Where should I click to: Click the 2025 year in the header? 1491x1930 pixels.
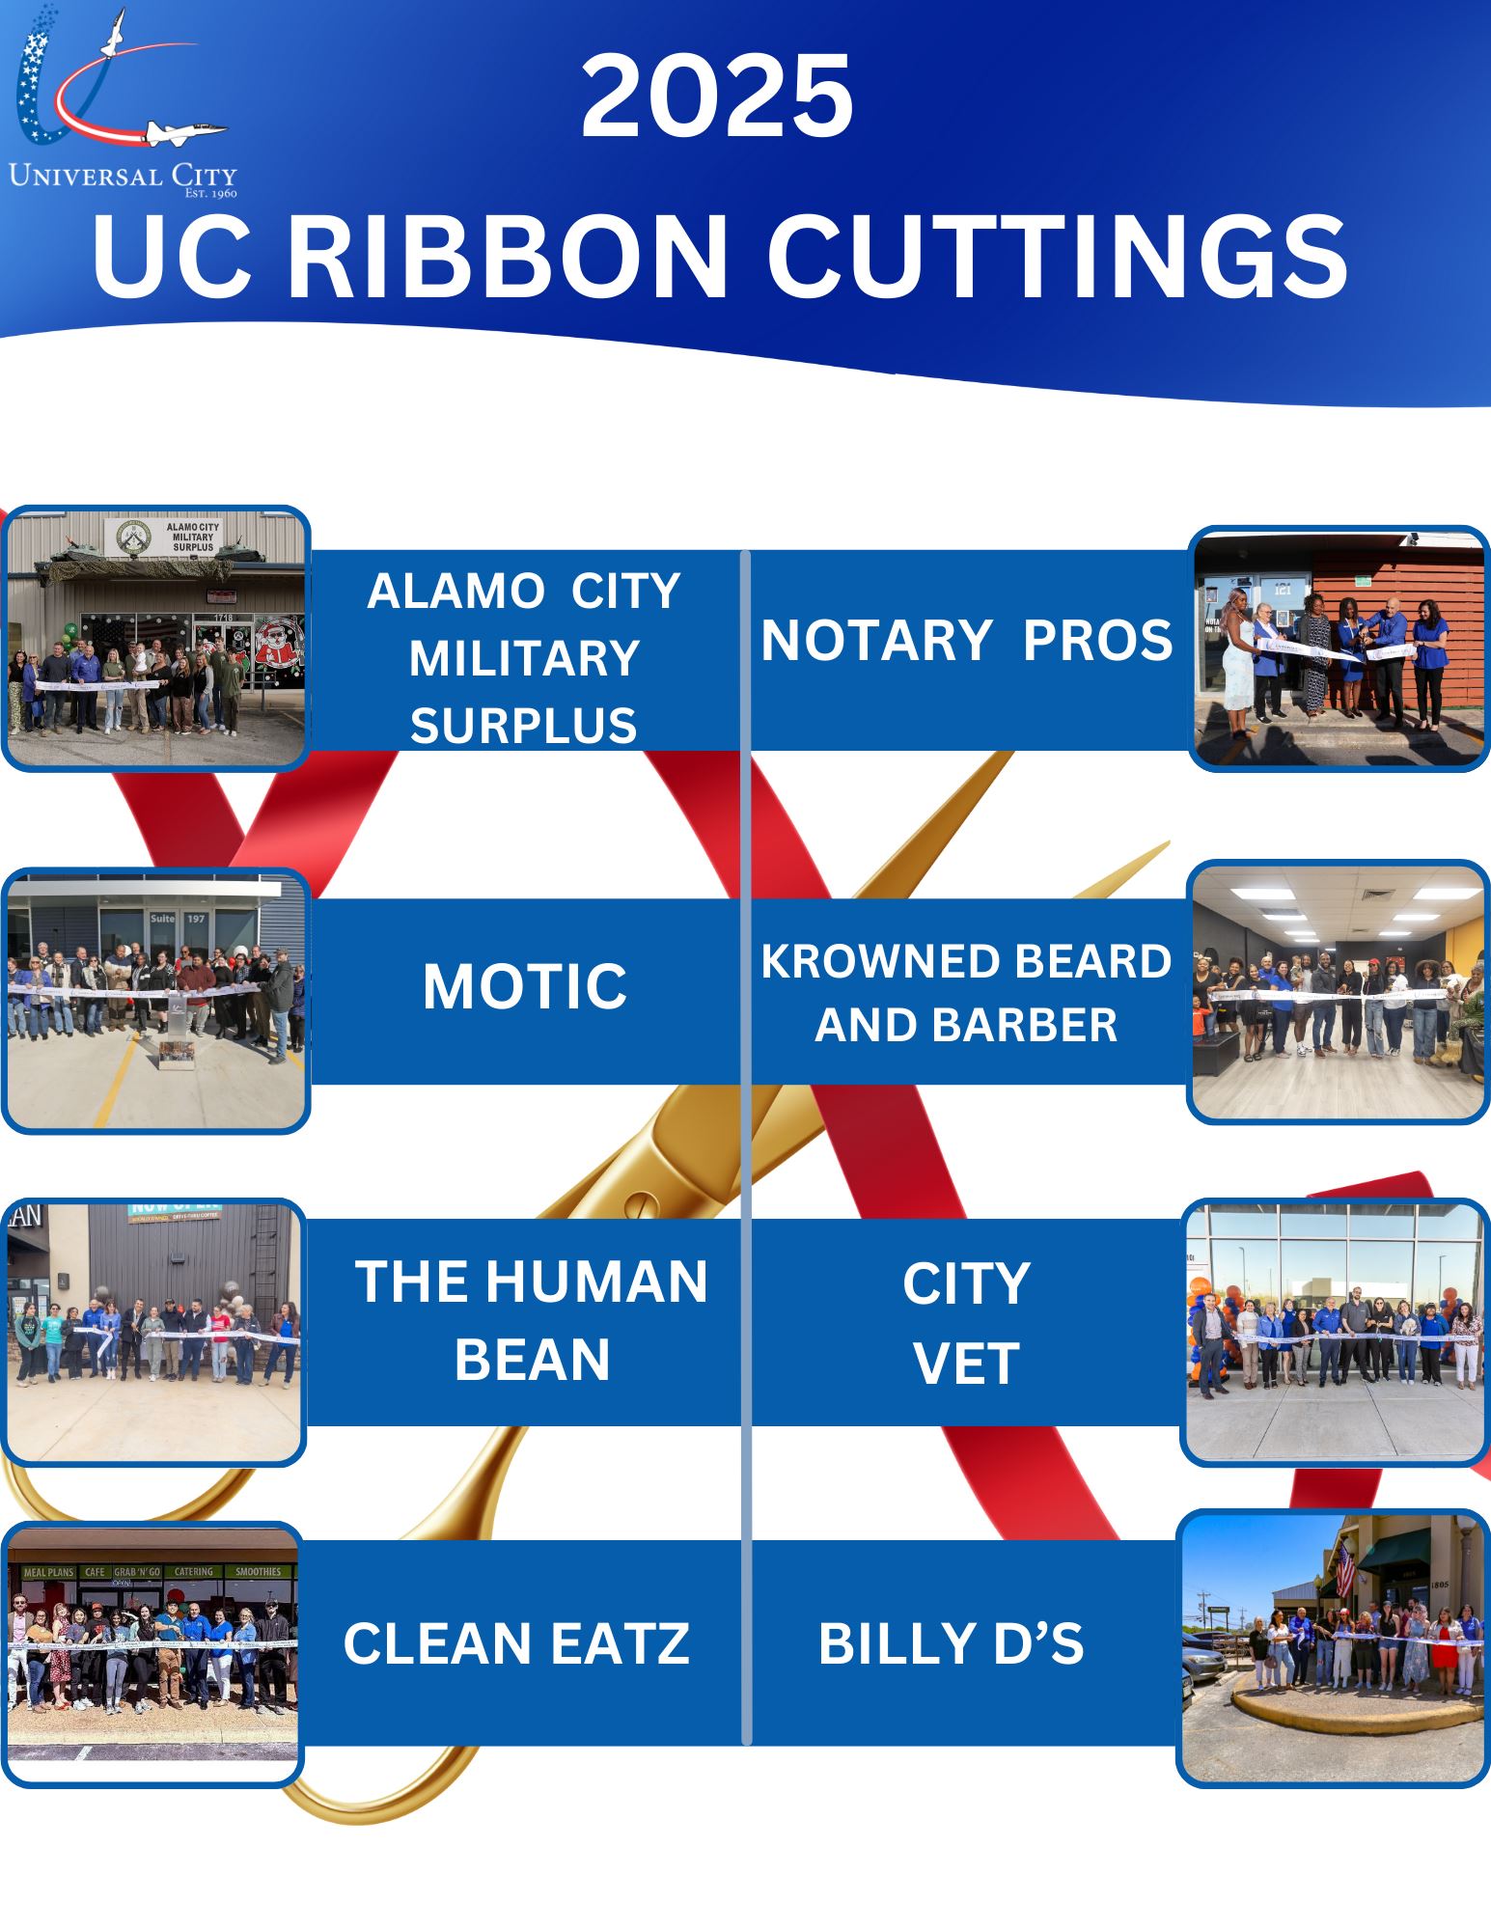click(717, 97)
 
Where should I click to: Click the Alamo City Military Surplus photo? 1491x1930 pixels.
click(155, 638)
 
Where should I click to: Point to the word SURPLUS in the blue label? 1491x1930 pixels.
click(523, 726)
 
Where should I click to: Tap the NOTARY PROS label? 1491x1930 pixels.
click(966, 641)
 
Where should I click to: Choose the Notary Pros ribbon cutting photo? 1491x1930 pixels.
click(1339, 648)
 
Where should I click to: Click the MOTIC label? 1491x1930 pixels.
click(525, 986)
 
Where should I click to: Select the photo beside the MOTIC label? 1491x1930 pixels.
click(155, 1000)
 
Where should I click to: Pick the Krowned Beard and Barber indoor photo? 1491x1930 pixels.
click(1339, 992)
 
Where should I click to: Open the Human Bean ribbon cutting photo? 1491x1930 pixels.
click(153, 1332)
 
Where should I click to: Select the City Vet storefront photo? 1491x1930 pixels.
click(1335, 1332)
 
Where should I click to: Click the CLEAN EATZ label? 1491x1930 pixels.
click(516, 1643)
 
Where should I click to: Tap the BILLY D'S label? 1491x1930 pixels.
click(951, 1643)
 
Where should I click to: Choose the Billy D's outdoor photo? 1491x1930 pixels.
click(1333, 1647)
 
